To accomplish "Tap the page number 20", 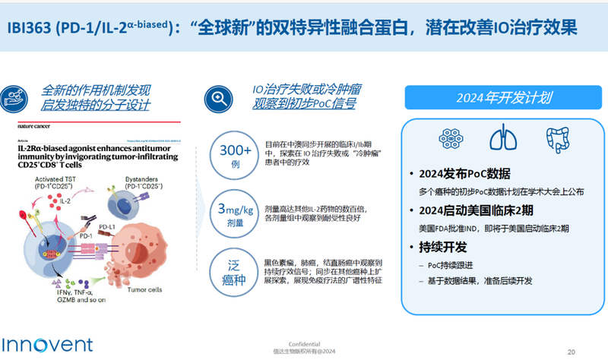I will [x=572, y=350].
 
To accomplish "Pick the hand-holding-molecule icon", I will [x=16, y=96].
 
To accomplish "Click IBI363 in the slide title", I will [x=28, y=27].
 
